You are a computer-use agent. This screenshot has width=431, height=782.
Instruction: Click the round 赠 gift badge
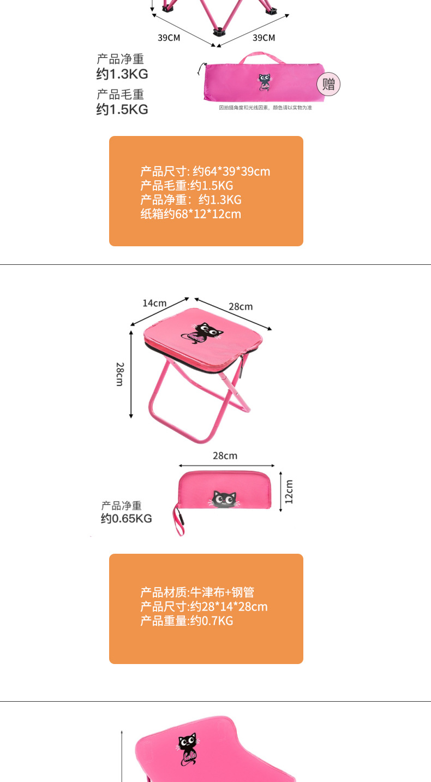coord(328,84)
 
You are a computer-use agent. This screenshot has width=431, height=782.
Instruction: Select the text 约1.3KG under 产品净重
coord(122,74)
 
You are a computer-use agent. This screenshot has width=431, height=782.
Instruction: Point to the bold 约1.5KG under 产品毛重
coord(122,109)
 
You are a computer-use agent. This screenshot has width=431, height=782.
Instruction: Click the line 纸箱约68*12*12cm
coord(190,214)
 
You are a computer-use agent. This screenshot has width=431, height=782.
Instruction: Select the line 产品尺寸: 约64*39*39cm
coord(205,171)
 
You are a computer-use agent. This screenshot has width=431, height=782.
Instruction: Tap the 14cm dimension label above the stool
coord(154,303)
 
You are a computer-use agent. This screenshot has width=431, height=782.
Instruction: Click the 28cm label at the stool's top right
coord(241,306)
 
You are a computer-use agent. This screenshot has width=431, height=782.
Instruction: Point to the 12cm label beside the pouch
coord(289,491)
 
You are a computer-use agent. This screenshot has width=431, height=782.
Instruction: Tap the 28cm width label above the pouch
coord(225,455)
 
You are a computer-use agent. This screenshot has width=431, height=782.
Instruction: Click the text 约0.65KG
coord(126,518)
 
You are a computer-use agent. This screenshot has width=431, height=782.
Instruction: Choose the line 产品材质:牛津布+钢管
coord(197,592)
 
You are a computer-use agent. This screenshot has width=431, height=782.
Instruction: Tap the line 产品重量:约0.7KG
coord(187,620)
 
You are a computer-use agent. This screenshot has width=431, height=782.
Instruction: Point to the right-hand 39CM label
coord(264,38)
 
